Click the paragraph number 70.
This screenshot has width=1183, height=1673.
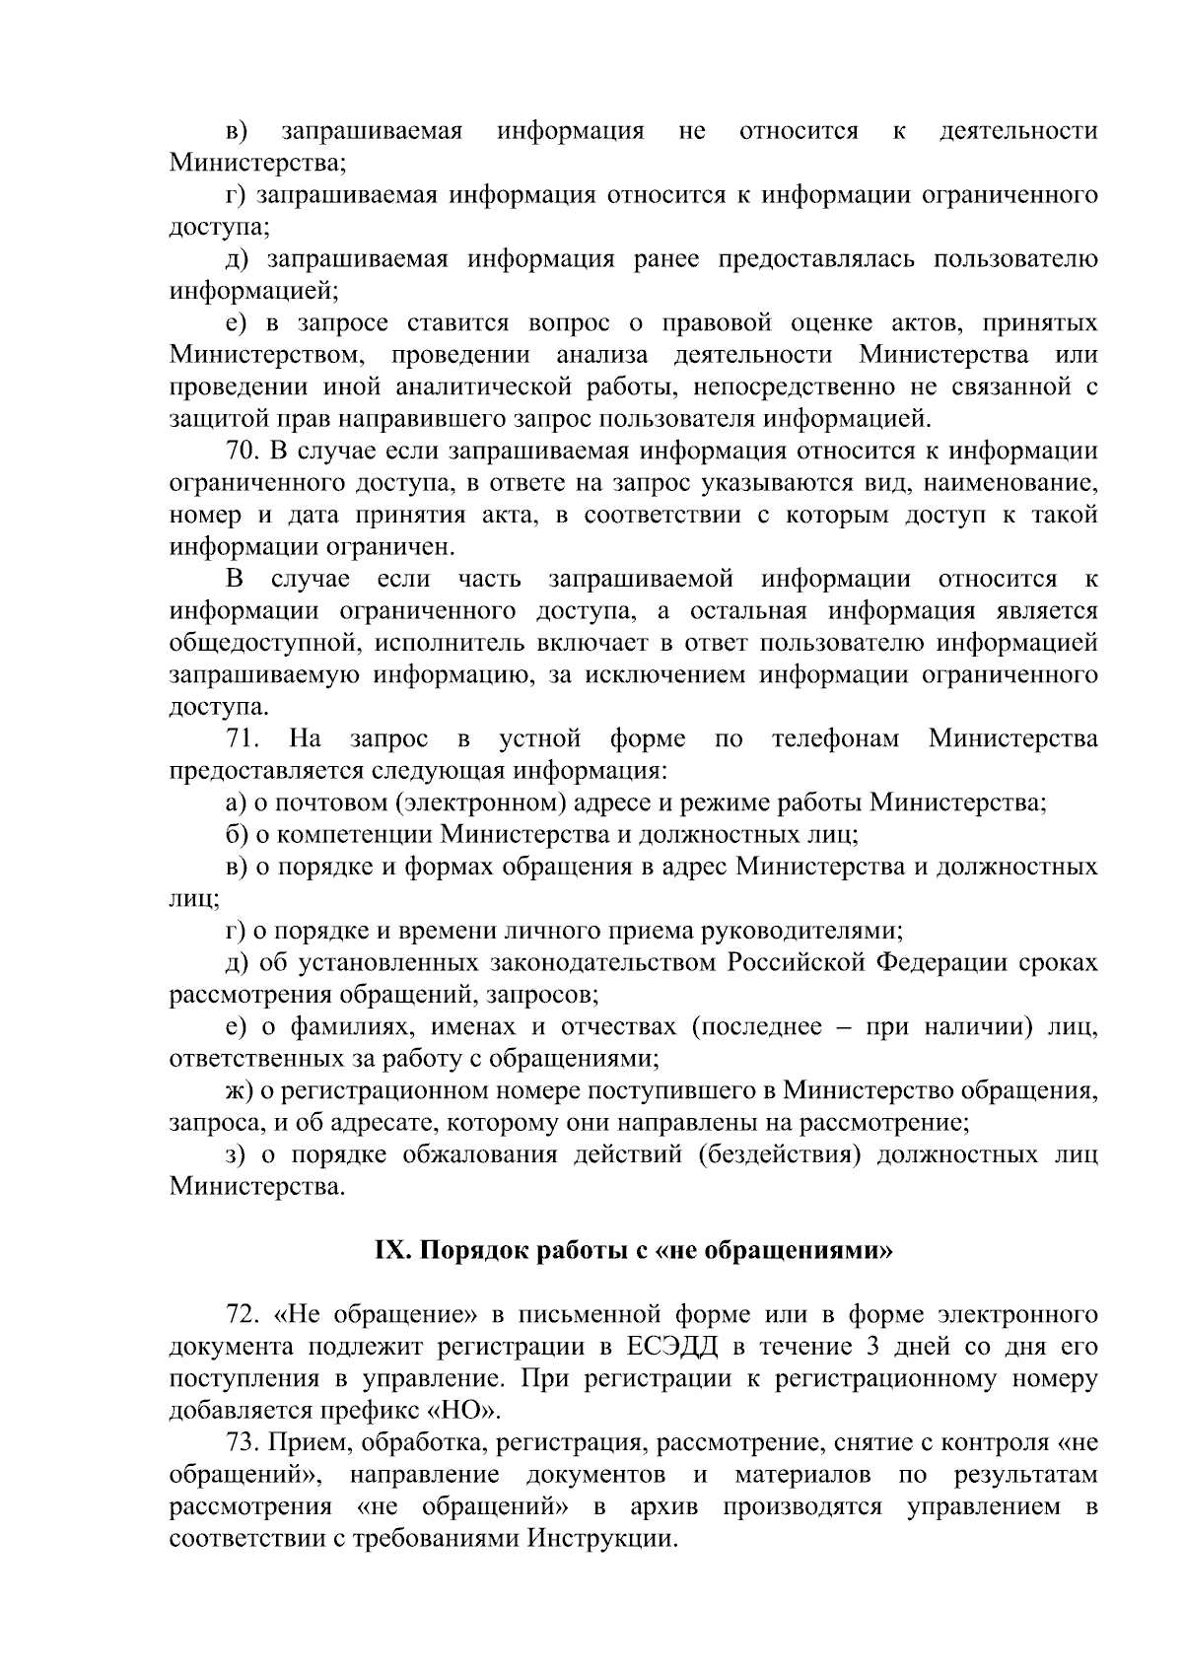[243, 452]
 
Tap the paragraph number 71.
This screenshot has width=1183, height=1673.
[243, 738]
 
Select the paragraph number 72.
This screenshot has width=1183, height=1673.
[243, 1314]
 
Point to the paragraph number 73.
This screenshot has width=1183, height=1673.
[243, 1442]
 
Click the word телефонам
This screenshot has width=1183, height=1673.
[836, 738]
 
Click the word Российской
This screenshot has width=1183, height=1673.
[795, 962]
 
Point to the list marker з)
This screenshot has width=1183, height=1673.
[237, 1154]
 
